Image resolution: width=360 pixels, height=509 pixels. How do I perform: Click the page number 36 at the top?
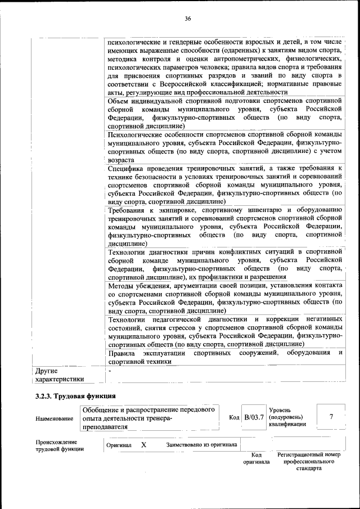coord(188,19)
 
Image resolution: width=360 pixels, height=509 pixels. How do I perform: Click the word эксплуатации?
coord(163,353)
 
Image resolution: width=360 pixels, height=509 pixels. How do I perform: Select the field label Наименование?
coord(54,418)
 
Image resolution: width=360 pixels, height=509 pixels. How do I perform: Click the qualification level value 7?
coord(331,417)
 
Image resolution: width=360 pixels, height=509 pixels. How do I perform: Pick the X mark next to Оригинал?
coord(143,444)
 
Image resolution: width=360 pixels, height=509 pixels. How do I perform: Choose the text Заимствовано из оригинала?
coord(201,445)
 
